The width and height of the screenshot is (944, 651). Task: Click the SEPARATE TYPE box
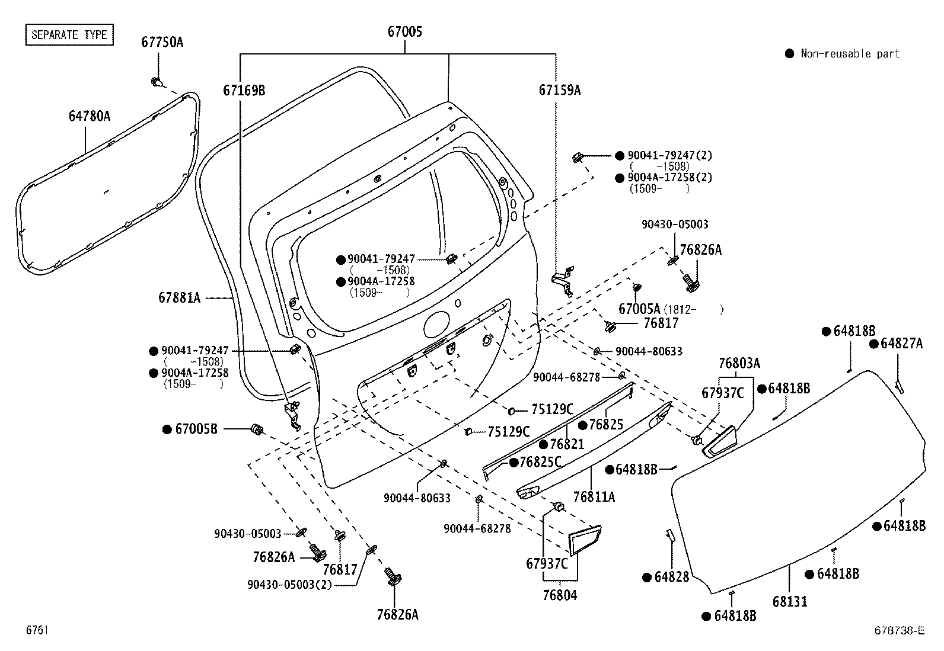click(x=69, y=34)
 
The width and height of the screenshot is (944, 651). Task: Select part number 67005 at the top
click(x=405, y=31)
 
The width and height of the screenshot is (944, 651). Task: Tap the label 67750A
click(x=162, y=42)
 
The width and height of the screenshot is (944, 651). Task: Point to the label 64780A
click(x=89, y=116)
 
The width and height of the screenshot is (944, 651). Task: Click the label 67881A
click(x=179, y=297)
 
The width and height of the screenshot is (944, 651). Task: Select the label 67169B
click(x=244, y=90)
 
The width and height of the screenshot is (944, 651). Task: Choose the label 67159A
click(x=559, y=90)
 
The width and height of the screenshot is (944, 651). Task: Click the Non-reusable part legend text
click(x=850, y=54)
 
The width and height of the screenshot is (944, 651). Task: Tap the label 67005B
click(x=196, y=429)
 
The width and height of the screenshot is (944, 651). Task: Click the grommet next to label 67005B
click(x=257, y=429)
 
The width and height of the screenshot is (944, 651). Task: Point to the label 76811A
click(x=594, y=496)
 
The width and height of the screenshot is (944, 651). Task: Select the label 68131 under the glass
click(x=790, y=601)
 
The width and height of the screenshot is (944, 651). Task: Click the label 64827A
click(x=901, y=343)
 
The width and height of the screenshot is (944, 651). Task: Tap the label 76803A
click(x=739, y=363)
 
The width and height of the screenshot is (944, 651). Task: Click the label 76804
click(x=560, y=595)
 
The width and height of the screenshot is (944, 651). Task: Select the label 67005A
click(x=639, y=309)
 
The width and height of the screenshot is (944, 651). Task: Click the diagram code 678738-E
click(x=898, y=630)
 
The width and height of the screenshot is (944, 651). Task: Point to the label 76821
click(x=566, y=444)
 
